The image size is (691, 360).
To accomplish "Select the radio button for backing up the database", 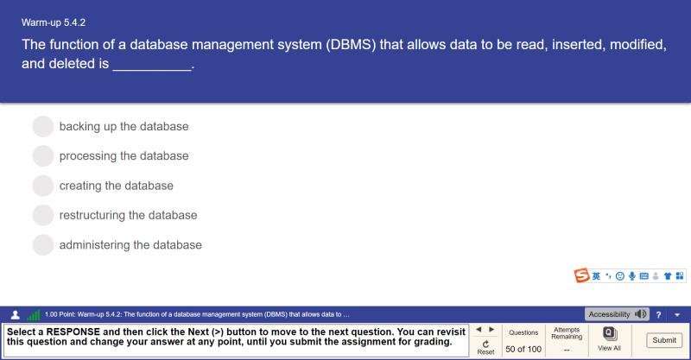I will tap(43, 127).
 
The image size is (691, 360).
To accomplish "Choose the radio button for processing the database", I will tap(43, 156).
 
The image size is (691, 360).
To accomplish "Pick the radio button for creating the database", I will tap(43, 186).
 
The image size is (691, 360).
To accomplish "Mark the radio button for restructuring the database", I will tap(43, 215).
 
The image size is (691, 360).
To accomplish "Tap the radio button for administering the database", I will tap(43, 245).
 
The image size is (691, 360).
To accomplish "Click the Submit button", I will tap(664, 340).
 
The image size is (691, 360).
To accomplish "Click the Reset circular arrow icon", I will tap(485, 343).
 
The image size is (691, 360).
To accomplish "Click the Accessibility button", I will tap(617, 314).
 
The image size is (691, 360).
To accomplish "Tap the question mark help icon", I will tap(659, 314).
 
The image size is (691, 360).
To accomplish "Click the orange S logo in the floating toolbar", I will tap(583, 275).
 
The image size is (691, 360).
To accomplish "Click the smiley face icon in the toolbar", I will tap(620, 275).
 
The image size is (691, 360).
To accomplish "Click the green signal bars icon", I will tap(34, 315).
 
